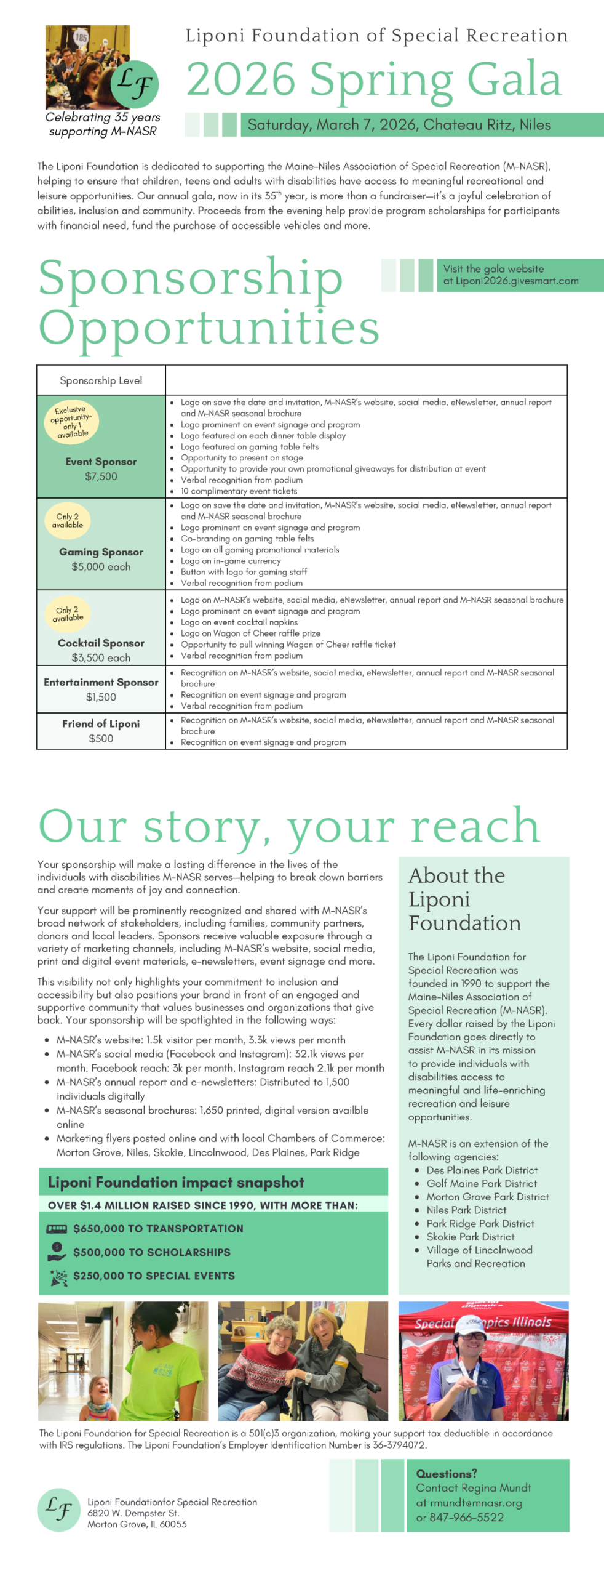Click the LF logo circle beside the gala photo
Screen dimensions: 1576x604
pyautogui.click(x=135, y=83)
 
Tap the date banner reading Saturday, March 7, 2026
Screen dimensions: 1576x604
pyautogui.click(x=399, y=125)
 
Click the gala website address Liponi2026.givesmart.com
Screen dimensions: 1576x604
pyautogui.click(x=517, y=281)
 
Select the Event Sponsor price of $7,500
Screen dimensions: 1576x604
pyautogui.click(x=101, y=476)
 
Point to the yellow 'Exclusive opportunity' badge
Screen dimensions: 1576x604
pyautogui.click(x=72, y=422)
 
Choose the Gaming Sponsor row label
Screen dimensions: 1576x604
pyautogui.click(x=101, y=552)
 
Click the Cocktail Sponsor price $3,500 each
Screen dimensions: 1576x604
pyautogui.click(x=101, y=657)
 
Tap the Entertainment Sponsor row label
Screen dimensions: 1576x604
pyautogui.click(x=101, y=682)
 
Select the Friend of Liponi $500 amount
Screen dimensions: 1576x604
pyautogui.click(x=101, y=738)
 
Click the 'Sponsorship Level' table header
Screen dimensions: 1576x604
pyautogui.click(x=101, y=380)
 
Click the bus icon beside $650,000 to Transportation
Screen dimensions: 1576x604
pyautogui.click(x=57, y=1229)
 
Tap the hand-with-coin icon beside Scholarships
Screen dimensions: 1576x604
pyautogui.click(x=57, y=1251)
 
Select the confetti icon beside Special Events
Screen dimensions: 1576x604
pyautogui.click(x=58, y=1276)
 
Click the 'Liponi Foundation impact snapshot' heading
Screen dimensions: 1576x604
pyautogui.click(x=176, y=1182)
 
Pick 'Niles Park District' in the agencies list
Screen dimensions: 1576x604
pyautogui.click(x=466, y=1210)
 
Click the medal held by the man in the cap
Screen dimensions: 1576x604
pyautogui.click(x=473, y=1389)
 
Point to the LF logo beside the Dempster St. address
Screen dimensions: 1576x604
pyautogui.click(x=58, y=1510)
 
